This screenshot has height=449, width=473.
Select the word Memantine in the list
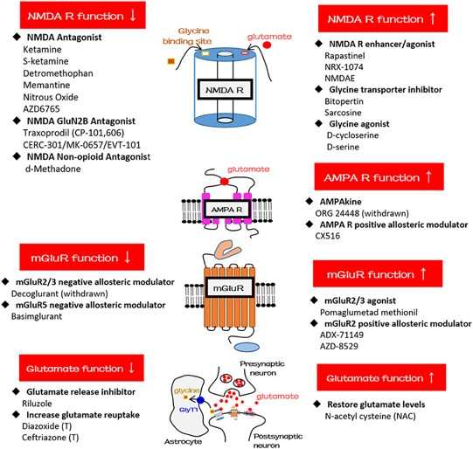(46, 85)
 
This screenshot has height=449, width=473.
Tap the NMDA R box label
(225, 90)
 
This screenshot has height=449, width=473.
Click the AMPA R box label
(226, 210)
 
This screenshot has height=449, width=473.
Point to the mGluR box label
(228, 288)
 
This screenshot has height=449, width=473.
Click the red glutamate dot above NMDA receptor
(268, 45)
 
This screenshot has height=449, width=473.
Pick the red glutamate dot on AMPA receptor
(224, 182)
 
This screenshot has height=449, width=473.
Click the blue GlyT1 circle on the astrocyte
(200, 400)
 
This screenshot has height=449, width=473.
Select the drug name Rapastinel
(344, 56)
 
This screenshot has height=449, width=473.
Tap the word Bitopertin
(344, 101)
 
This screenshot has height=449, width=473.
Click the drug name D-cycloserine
(352, 135)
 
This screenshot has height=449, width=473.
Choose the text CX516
(328, 236)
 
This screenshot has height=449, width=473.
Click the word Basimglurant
(37, 316)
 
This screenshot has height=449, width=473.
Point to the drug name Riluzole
(37, 404)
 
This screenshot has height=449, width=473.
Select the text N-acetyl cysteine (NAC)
(371, 417)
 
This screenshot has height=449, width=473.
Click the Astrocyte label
(183, 442)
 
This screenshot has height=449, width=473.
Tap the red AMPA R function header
(379, 176)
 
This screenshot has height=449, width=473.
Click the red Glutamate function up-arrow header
(381, 377)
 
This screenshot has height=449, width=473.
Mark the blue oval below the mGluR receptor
(247, 347)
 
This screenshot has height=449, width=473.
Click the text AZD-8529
(339, 346)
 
